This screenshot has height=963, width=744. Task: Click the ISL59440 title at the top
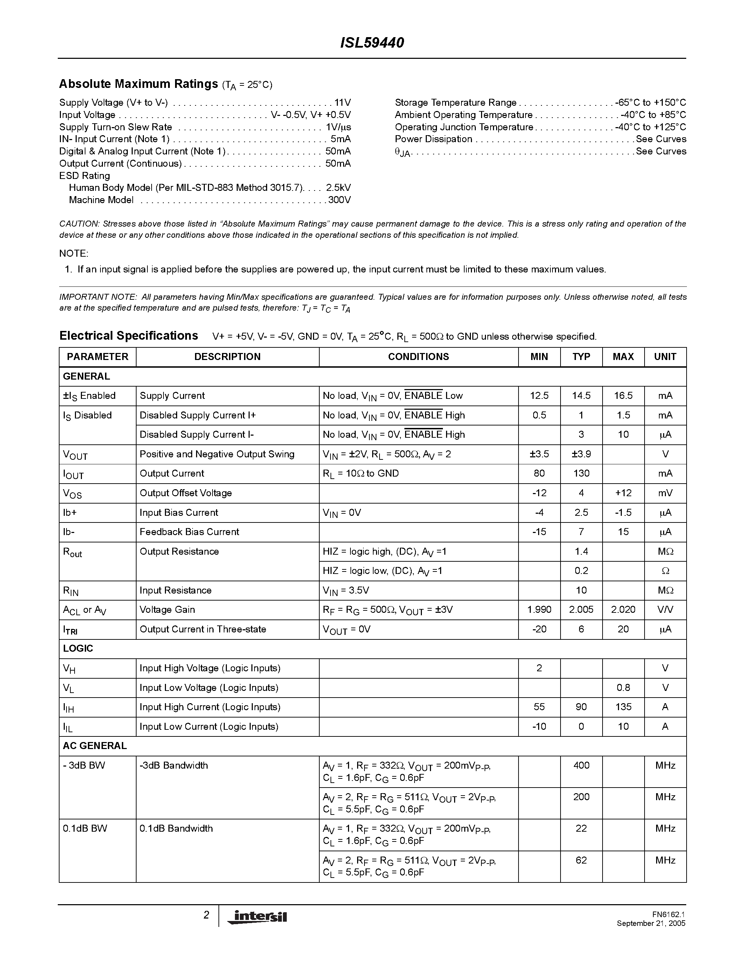[372, 43]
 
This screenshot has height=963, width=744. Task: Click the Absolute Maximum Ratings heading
[138, 84]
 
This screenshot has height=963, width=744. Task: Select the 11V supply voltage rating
[342, 103]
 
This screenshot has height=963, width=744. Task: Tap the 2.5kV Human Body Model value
[338, 188]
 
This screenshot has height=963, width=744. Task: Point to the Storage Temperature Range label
[455, 103]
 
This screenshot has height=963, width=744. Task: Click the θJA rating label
[402, 152]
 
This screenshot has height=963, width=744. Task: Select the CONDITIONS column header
[418, 357]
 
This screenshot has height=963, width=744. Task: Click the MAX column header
[623, 357]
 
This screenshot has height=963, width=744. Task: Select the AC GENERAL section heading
[95, 746]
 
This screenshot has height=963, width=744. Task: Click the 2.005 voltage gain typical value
[581, 610]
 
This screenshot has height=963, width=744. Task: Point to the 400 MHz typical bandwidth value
[581, 765]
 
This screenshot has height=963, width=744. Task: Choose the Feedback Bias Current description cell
[189, 532]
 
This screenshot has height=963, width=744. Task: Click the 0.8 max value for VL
[623, 688]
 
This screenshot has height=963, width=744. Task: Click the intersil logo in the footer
[257, 917]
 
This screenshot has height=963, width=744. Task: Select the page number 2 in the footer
[206, 915]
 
